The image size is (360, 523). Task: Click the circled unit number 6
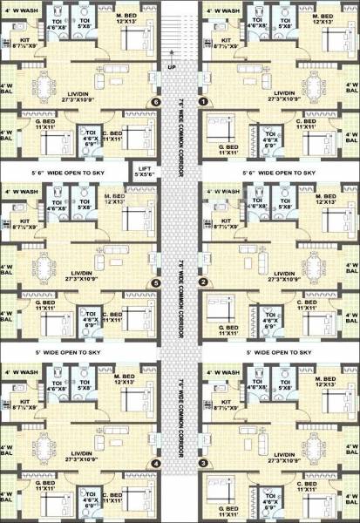(156, 102)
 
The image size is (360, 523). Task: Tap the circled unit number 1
(203, 102)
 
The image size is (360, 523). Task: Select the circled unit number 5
(156, 282)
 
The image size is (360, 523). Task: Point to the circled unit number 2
(203, 281)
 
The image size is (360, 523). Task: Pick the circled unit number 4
(156, 464)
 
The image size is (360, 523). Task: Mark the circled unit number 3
(203, 464)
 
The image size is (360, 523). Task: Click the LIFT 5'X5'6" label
(143, 172)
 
